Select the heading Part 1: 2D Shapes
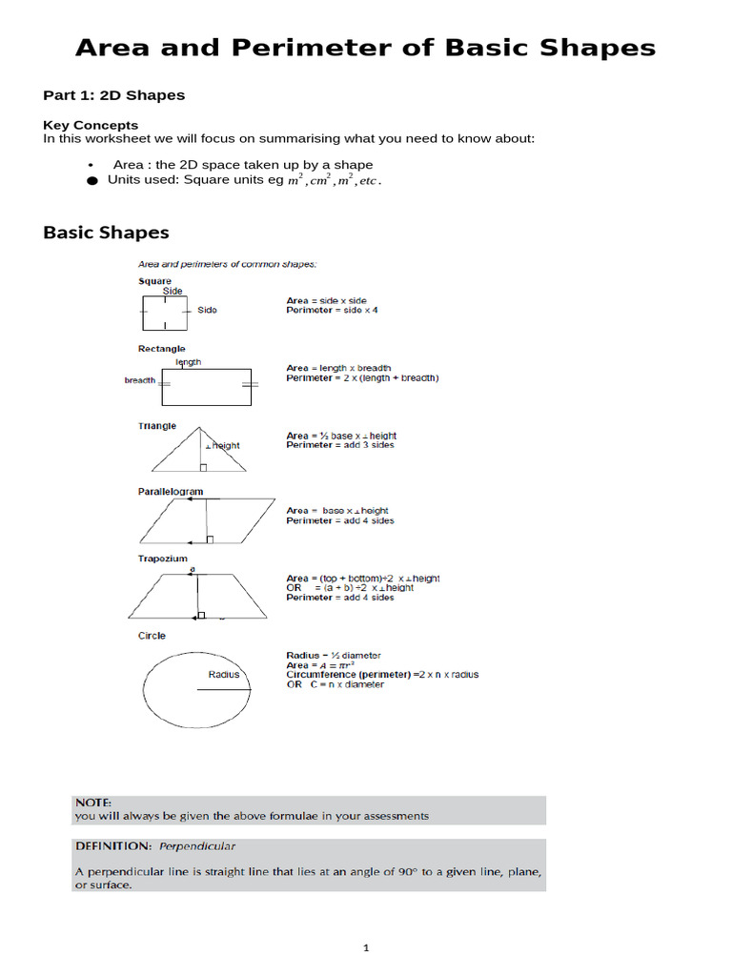[x=114, y=95]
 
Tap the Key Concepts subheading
[x=91, y=125]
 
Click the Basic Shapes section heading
[x=106, y=233]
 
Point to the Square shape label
[x=154, y=281]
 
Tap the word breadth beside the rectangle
[x=140, y=380]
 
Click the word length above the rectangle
[x=189, y=362]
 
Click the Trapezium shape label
[x=163, y=559]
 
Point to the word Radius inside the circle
[x=224, y=675]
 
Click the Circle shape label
[x=152, y=636]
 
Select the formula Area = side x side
[x=326, y=300]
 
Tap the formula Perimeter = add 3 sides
[x=339, y=445]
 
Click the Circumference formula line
[x=382, y=675]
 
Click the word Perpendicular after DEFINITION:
[x=197, y=845]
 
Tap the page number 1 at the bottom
[x=366, y=948]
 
